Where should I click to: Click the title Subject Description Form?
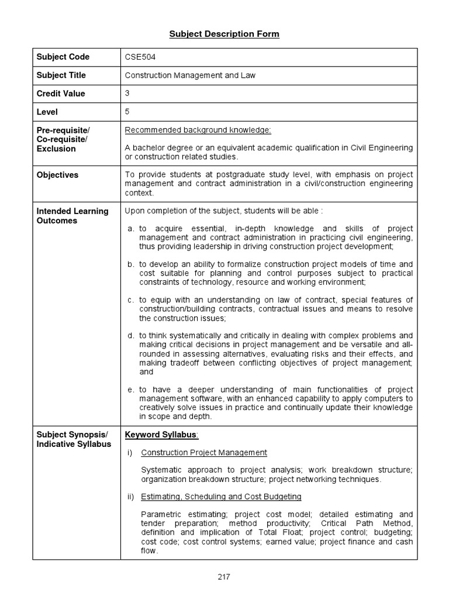pos(224,34)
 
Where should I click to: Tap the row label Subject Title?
pos(61,75)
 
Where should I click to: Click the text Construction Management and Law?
pos(190,75)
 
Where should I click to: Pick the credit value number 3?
pos(127,92)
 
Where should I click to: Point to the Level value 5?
pos(127,111)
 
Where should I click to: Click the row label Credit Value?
pos(61,94)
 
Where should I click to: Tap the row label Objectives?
pos(57,175)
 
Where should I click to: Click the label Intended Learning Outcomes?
pos(72,216)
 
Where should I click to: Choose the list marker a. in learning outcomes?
pos(132,229)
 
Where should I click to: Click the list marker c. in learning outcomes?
pos(132,300)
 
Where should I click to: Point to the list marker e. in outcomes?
pos(132,390)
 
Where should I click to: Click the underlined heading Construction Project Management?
pos(204,452)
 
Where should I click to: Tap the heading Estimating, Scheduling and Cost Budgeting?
pos(221,497)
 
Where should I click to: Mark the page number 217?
pos(224,577)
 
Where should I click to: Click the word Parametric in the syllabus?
pos(161,514)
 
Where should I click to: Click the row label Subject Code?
pos(63,57)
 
